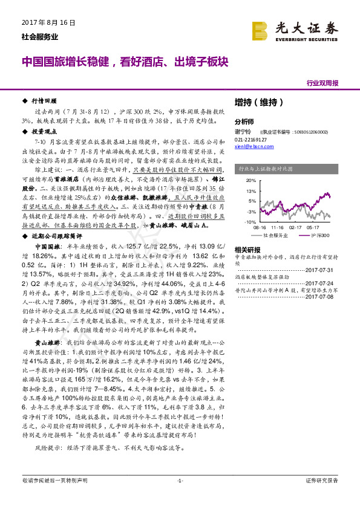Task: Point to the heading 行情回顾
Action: (x=45, y=102)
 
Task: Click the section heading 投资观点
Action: (x=45, y=131)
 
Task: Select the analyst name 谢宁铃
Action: (x=242, y=131)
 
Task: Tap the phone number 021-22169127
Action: (x=251, y=139)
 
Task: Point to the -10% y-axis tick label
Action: (x=250, y=222)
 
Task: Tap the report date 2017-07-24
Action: (x=324, y=282)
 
